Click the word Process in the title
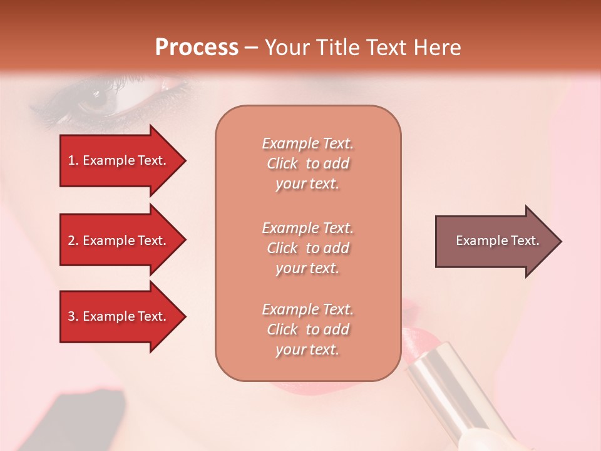point(197,48)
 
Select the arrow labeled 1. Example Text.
point(119,160)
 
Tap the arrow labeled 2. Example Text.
point(119,241)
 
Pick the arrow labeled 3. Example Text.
point(119,316)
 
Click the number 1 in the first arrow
point(71,160)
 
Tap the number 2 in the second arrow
point(71,241)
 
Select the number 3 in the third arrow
point(71,316)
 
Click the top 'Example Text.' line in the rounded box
point(307,143)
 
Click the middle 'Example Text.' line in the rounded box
point(307,228)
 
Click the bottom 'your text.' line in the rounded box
point(307,350)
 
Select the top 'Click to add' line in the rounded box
point(307,163)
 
